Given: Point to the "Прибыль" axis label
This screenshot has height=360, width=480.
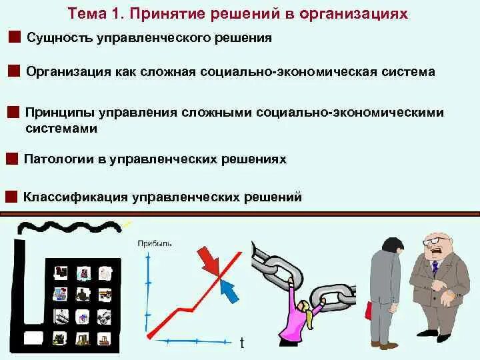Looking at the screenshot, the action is click(x=155, y=244).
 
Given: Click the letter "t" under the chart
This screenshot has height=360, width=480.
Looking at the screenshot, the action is click(x=242, y=343).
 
